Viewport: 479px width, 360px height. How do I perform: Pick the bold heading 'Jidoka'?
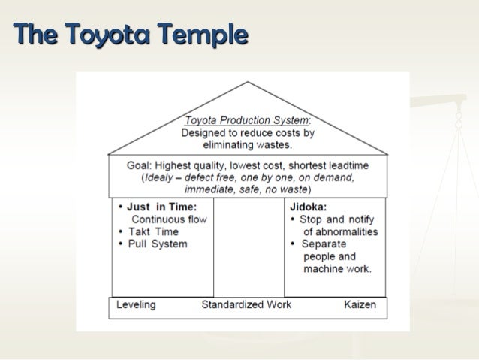[x=309, y=206]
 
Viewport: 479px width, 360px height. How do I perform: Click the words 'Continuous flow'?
[x=169, y=219]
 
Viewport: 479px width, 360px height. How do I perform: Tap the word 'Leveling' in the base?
[x=136, y=305]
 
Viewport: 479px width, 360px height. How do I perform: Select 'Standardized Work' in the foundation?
[x=246, y=305]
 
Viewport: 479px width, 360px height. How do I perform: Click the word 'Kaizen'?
[x=360, y=305]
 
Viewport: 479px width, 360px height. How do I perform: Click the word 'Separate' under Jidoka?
[x=324, y=245]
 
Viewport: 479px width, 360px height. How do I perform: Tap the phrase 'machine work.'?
[x=336, y=269]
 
